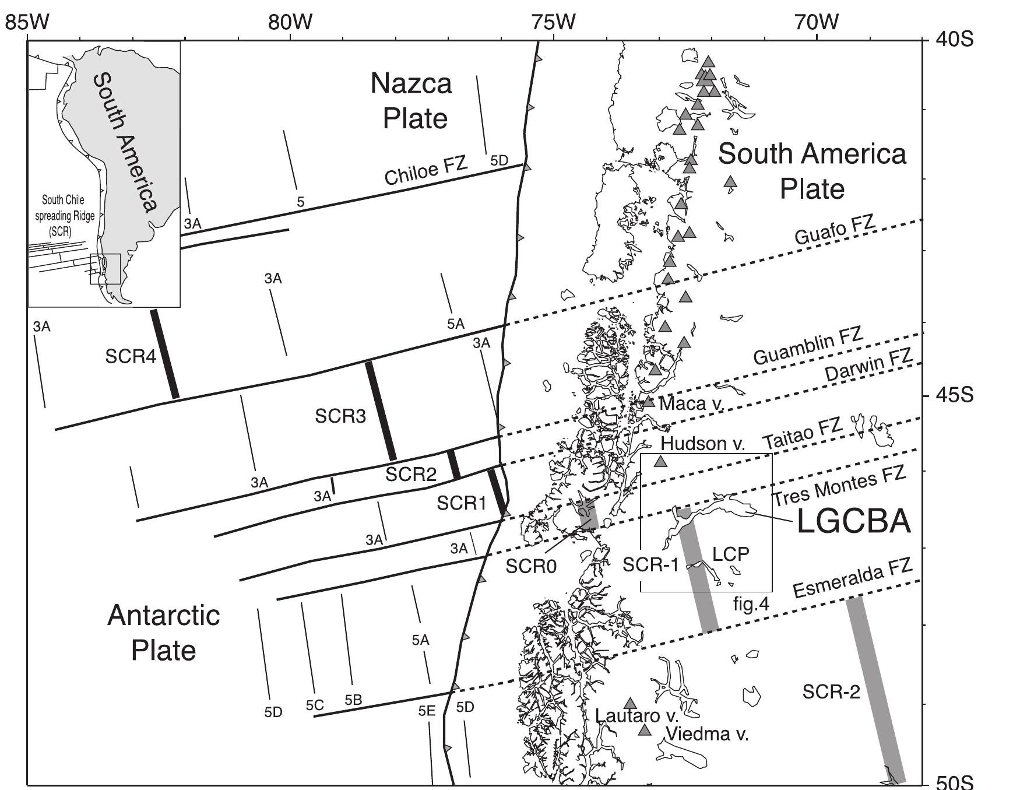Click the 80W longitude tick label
[x=290, y=22]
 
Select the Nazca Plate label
[x=412, y=101]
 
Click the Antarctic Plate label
[x=164, y=633]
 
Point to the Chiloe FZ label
[x=426, y=170]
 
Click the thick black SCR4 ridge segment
[x=164, y=354]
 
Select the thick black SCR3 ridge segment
[x=381, y=410]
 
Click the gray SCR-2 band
[x=874, y=688]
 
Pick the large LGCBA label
[x=853, y=522]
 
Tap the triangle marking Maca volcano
[x=648, y=401]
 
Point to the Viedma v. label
[x=706, y=734]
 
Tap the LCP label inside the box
[x=731, y=553]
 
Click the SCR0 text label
[x=531, y=566]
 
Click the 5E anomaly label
[x=427, y=711]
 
